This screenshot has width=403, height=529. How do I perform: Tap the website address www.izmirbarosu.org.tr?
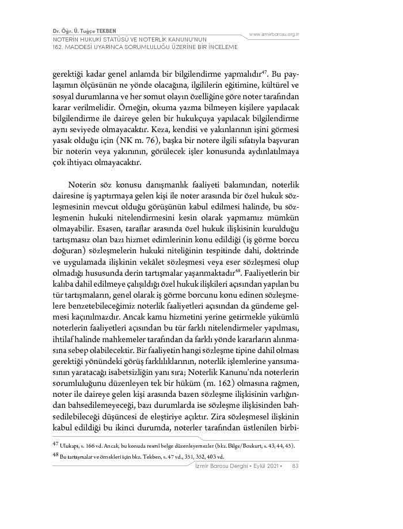274,35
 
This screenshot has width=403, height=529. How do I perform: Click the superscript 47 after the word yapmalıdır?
264,72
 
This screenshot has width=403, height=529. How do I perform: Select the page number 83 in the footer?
295,466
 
